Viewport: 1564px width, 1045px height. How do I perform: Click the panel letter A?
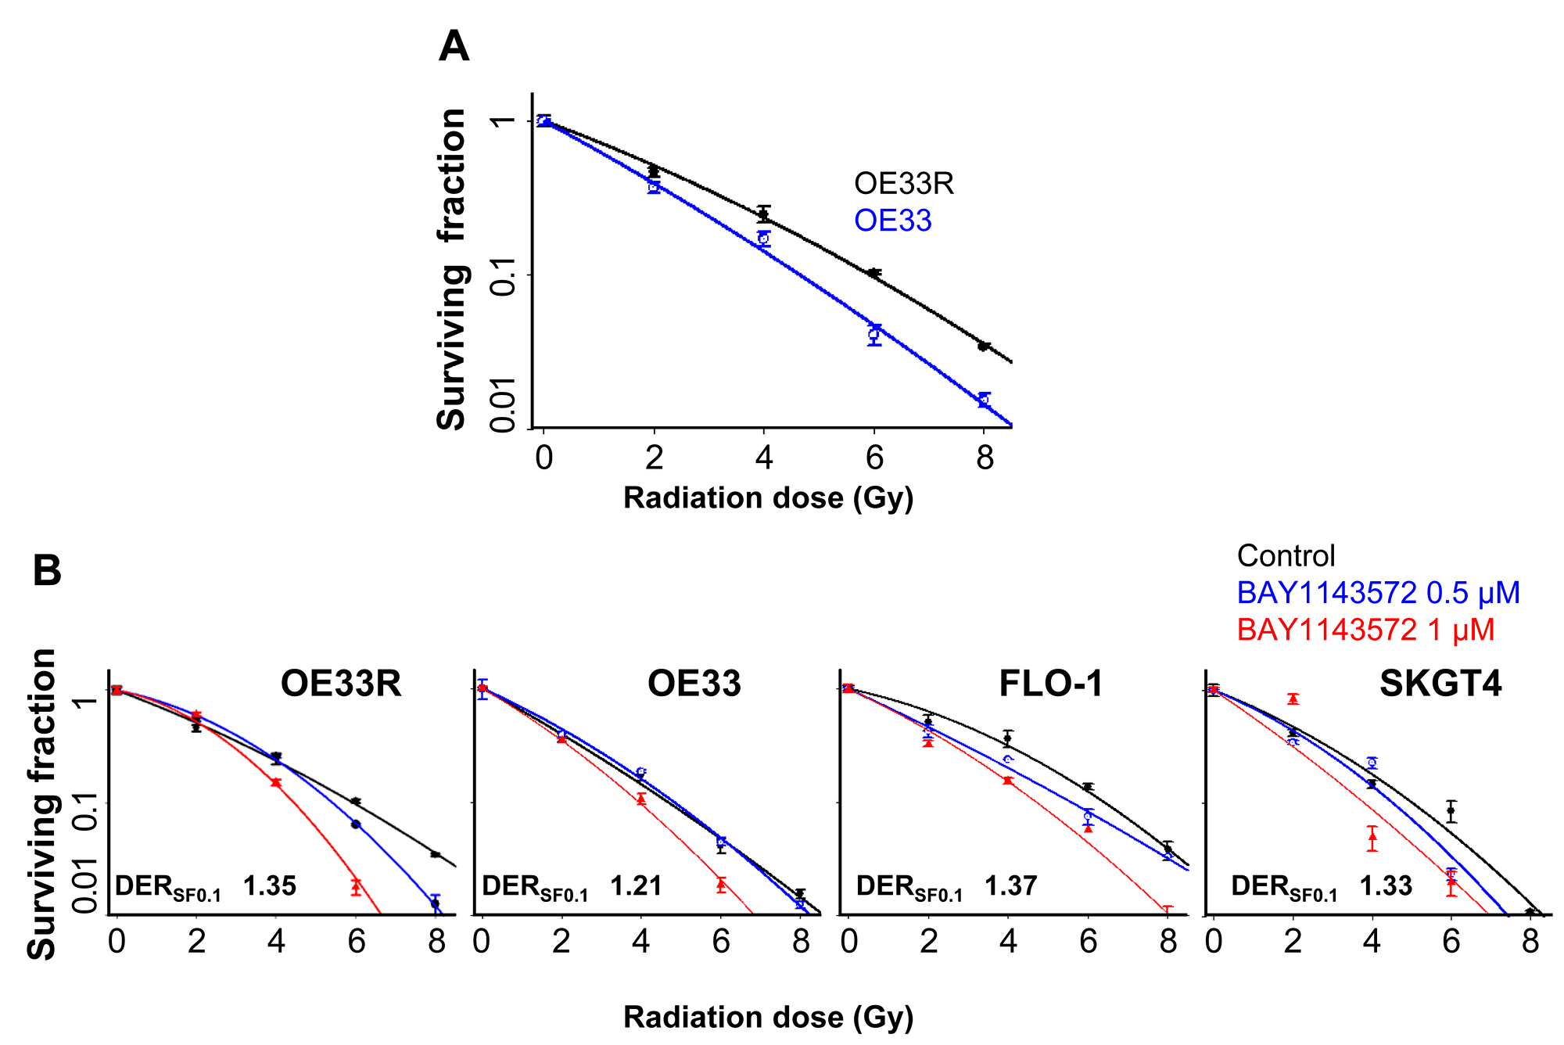click(454, 47)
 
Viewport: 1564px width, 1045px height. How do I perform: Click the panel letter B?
click(47, 571)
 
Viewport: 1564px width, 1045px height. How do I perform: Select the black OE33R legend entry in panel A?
click(903, 184)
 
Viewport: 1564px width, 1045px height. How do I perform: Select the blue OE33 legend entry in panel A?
click(892, 221)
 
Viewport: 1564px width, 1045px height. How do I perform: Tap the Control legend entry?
click(1286, 556)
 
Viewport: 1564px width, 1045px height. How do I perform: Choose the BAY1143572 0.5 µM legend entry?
click(1378, 593)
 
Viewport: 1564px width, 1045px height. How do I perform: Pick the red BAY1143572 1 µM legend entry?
click(1365, 630)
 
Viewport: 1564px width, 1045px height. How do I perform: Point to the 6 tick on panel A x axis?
click(874, 458)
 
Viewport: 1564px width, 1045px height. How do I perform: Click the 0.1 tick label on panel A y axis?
click(502, 276)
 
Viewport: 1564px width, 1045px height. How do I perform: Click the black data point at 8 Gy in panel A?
click(984, 346)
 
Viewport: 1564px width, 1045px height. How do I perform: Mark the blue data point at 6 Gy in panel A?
click(874, 335)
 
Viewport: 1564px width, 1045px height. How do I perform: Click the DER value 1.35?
click(269, 886)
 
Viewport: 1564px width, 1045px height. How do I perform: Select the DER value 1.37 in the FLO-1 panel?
click(1010, 886)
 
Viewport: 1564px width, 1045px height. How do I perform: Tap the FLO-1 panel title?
click(1050, 684)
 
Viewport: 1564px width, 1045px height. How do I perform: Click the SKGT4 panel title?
click(1440, 684)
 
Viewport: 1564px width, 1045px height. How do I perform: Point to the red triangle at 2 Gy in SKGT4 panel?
click(1293, 698)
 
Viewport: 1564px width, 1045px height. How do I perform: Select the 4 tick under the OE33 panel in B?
click(640, 941)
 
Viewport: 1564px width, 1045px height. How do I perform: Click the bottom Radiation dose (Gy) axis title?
click(768, 1017)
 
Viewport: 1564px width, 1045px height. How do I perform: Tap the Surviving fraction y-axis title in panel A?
click(452, 270)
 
